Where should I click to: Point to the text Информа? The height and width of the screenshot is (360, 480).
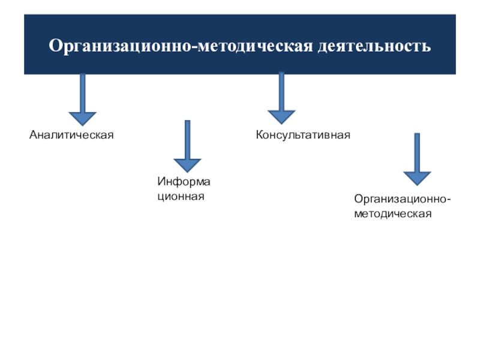(184, 181)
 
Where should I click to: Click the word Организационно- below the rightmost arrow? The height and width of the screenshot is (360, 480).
(403, 199)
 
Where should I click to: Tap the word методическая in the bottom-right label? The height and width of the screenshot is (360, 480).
(393, 213)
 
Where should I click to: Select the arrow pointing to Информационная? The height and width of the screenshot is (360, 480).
(187, 147)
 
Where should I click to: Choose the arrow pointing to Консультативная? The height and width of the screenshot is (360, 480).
(281, 99)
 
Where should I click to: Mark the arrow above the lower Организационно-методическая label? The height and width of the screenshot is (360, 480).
(416, 159)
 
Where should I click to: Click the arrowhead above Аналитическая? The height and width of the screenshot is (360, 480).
(82, 118)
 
